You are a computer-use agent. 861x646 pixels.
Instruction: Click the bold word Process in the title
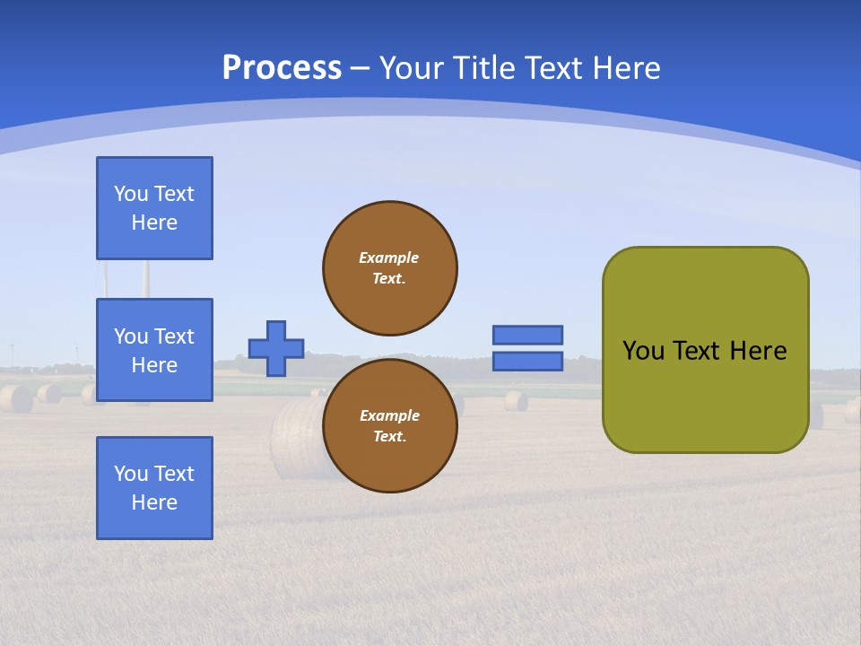[282, 68]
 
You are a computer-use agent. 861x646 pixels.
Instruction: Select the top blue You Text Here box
[154, 208]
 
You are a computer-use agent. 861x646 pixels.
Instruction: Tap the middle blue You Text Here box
[154, 350]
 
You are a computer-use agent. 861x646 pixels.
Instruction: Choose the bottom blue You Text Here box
[154, 488]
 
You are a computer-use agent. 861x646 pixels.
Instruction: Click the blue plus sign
[276, 348]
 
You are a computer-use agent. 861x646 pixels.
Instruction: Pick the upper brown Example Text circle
[390, 268]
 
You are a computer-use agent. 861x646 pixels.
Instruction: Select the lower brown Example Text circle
[390, 426]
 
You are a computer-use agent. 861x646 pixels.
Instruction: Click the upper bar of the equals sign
[528, 335]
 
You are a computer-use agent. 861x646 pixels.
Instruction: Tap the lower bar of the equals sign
[528, 362]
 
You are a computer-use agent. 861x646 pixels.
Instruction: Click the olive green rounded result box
[706, 350]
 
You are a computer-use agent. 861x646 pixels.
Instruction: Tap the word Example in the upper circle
[388, 258]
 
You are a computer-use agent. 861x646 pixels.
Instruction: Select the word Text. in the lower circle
[389, 437]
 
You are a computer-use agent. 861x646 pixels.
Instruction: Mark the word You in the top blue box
[131, 194]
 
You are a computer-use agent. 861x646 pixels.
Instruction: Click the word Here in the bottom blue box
[154, 502]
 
